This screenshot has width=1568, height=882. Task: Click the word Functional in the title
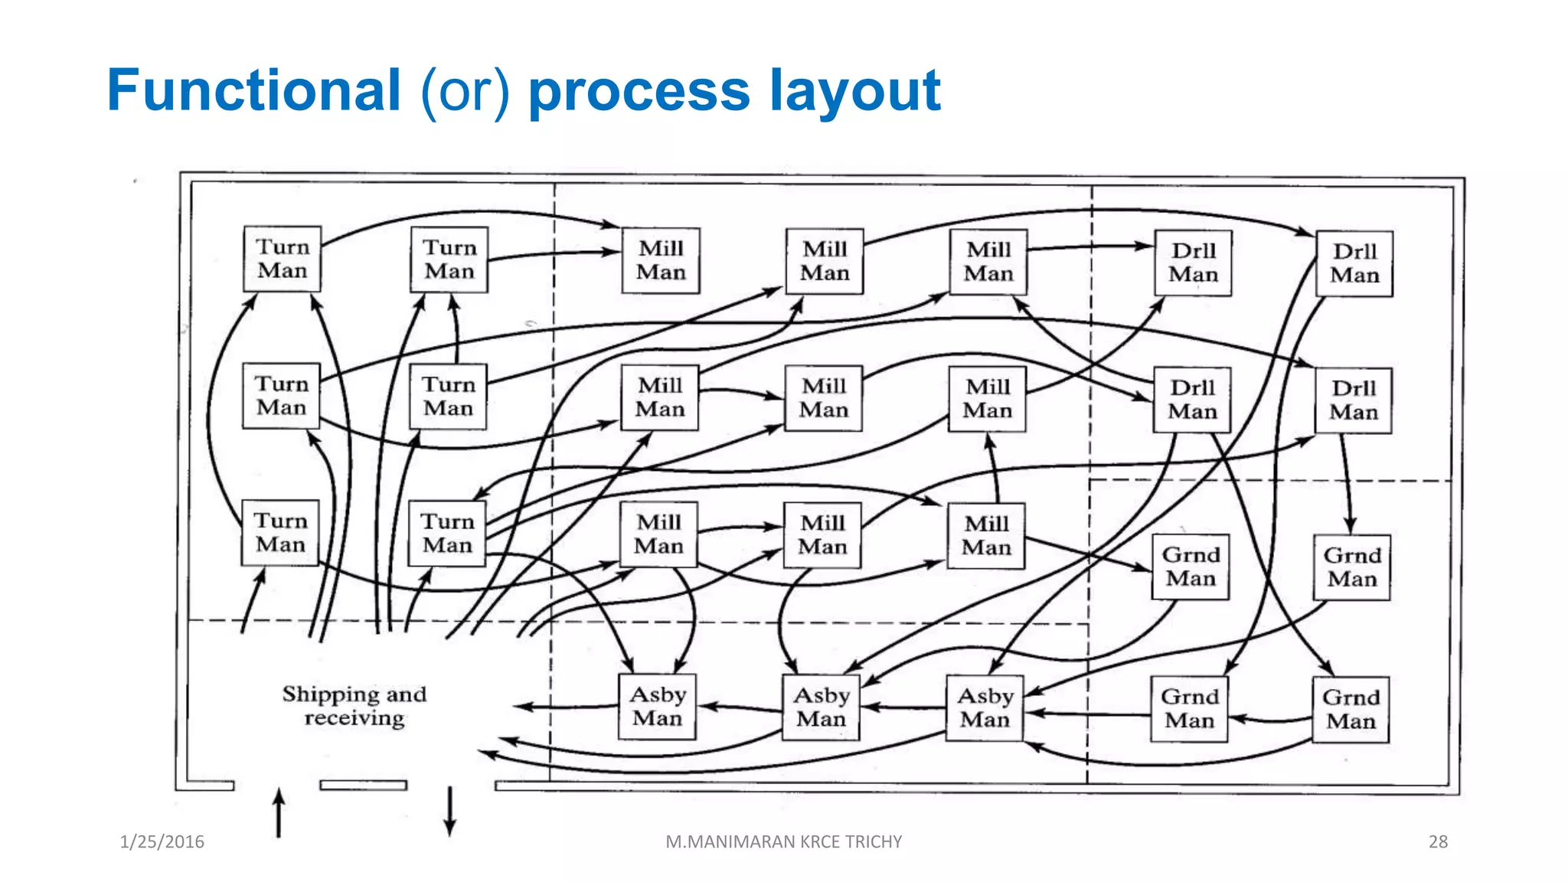click(253, 90)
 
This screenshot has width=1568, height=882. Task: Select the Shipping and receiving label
click(354, 705)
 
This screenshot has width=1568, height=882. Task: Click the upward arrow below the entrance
click(279, 813)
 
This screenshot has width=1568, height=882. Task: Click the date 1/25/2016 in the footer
click(162, 841)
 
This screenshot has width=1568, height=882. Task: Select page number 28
click(1438, 841)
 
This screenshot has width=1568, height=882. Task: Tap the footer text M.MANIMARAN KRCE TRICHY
click(783, 841)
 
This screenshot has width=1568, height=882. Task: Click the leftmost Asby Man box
click(657, 706)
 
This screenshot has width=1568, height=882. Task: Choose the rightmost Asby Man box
click(985, 707)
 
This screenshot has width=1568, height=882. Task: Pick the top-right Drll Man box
click(1354, 263)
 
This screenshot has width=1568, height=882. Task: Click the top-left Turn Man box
click(282, 259)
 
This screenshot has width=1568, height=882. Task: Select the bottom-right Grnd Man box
click(1351, 709)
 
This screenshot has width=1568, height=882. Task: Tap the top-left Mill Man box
click(661, 260)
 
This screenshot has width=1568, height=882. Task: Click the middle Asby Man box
click(821, 707)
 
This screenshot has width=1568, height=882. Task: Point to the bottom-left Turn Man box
click(280, 533)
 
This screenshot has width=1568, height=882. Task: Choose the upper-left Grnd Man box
click(1191, 567)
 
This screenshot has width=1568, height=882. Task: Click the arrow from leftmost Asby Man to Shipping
click(567, 707)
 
